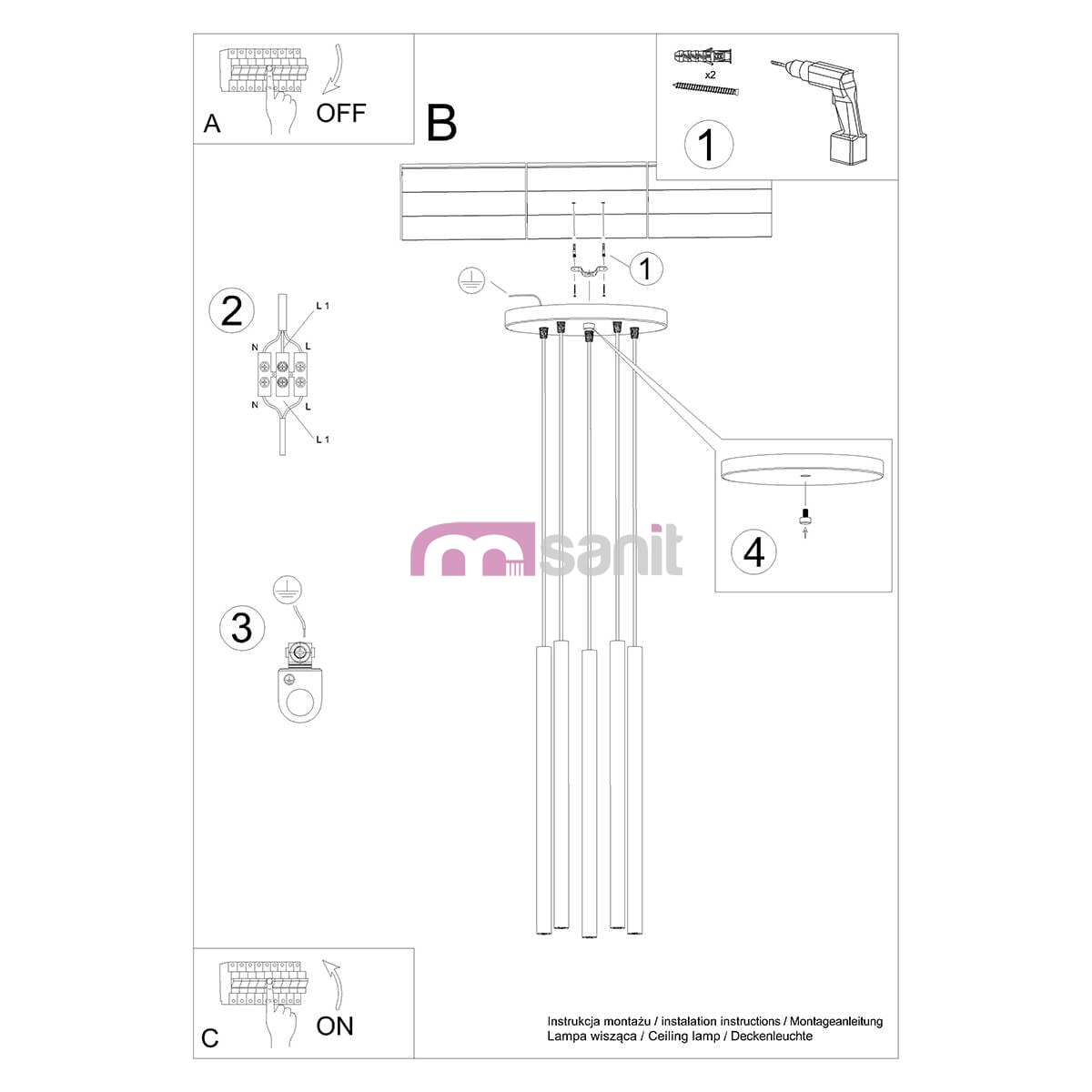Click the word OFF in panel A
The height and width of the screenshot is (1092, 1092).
340,114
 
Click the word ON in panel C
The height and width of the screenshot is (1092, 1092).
335,1026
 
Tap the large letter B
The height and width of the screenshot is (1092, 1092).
441,123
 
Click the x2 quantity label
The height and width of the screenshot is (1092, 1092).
710,75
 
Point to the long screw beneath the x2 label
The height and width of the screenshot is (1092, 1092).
706,88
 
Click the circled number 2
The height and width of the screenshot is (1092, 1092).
232,310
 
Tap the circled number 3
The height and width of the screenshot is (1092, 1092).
242,628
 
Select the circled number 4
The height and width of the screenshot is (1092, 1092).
753,552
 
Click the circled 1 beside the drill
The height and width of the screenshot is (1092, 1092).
708,145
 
